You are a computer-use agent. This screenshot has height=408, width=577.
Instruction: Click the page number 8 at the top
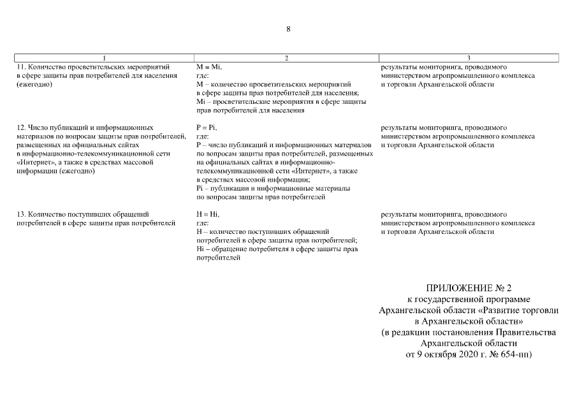click(x=288, y=29)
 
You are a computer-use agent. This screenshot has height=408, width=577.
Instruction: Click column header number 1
click(x=104, y=58)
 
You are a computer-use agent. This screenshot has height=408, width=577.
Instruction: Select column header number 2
click(x=286, y=58)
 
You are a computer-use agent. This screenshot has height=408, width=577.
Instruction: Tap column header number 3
click(x=469, y=58)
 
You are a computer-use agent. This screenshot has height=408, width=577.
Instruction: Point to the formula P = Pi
click(x=207, y=127)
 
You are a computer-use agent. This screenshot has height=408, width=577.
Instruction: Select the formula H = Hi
click(x=208, y=214)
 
